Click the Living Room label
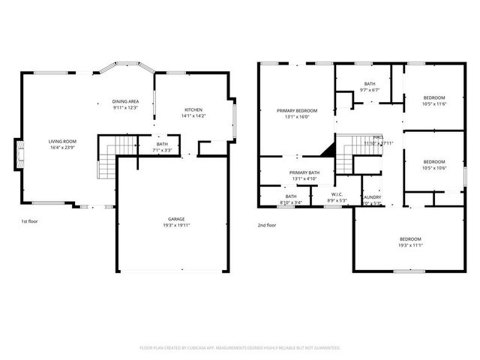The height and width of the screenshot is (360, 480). coord(63,141)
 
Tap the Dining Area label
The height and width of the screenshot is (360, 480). coord(126,101)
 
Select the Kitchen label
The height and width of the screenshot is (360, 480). coord(193,110)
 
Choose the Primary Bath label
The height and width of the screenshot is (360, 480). coord(304,172)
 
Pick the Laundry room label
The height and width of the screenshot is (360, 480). coord(372,197)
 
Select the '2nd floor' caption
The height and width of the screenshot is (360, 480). coord(267,225)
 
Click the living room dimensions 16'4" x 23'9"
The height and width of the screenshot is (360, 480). coord(63,147)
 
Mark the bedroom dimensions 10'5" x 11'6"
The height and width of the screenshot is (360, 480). coord(433,104)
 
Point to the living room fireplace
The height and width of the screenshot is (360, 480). coord(17,154)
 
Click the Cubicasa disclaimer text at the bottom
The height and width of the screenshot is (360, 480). coord(240,348)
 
